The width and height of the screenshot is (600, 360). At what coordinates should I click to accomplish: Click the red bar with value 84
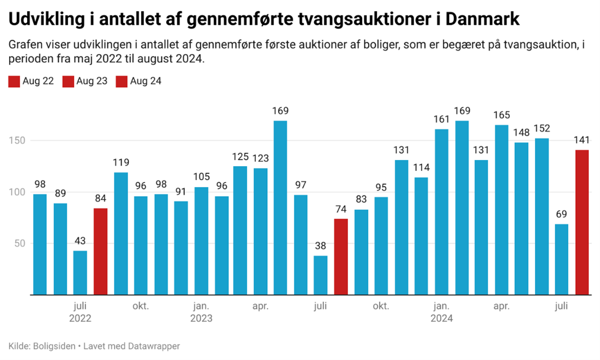point(100,251)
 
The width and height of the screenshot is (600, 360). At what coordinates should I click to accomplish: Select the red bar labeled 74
point(341,257)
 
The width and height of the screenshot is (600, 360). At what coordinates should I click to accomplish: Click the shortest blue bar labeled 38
point(321,275)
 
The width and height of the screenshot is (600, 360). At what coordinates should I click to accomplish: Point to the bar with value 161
point(441,212)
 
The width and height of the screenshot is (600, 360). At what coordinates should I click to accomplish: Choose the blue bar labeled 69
point(562,259)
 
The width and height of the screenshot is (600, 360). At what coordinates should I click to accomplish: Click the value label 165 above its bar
point(501,115)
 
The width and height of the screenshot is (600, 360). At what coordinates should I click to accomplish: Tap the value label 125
point(240,157)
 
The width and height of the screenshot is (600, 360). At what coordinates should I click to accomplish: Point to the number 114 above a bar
point(421,168)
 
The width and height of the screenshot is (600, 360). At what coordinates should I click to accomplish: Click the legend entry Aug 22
point(32,81)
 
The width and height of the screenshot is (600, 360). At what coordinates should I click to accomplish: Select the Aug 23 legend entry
point(85,81)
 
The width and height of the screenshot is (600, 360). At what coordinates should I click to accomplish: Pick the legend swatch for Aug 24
point(121,81)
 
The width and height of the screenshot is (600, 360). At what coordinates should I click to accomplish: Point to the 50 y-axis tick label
point(20,244)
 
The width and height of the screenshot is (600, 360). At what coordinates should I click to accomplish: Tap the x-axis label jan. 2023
point(201,312)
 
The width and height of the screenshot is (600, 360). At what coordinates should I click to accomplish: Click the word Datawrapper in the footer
point(154,346)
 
